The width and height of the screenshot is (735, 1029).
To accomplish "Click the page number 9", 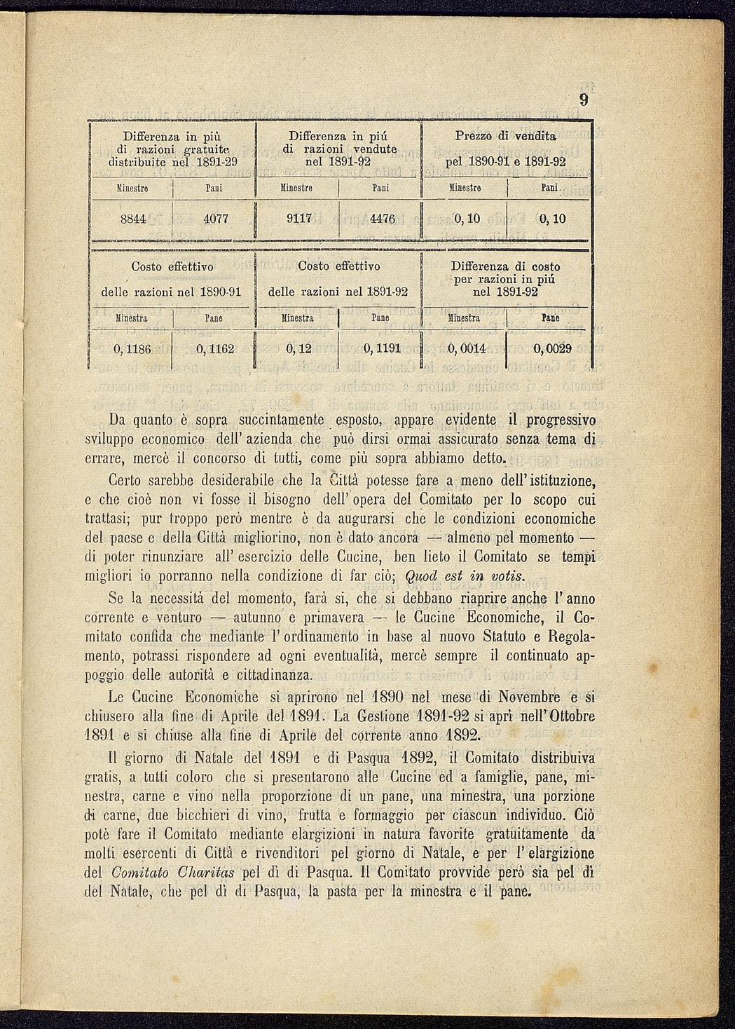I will pyautogui.click(x=583, y=100).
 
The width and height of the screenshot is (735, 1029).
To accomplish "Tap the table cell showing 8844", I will pyautogui.click(x=133, y=219).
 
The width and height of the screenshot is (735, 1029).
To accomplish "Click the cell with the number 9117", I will pyautogui.click(x=299, y=219).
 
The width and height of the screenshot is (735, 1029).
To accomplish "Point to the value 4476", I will pyautogui.click(x=383, y=219).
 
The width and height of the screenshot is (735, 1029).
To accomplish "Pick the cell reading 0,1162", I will pyautogui.click(x=215, y=348).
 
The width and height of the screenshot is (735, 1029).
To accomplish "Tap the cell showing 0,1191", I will pyautogui.click(x=382, y=348).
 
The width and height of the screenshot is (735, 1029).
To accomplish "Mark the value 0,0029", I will pyautogui.click(x=552, y=348).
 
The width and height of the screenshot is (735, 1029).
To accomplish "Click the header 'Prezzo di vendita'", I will pyautogui.click(x=505, y=135).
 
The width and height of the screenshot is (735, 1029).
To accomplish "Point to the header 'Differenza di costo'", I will pyautogui.click(x=505, y=266).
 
